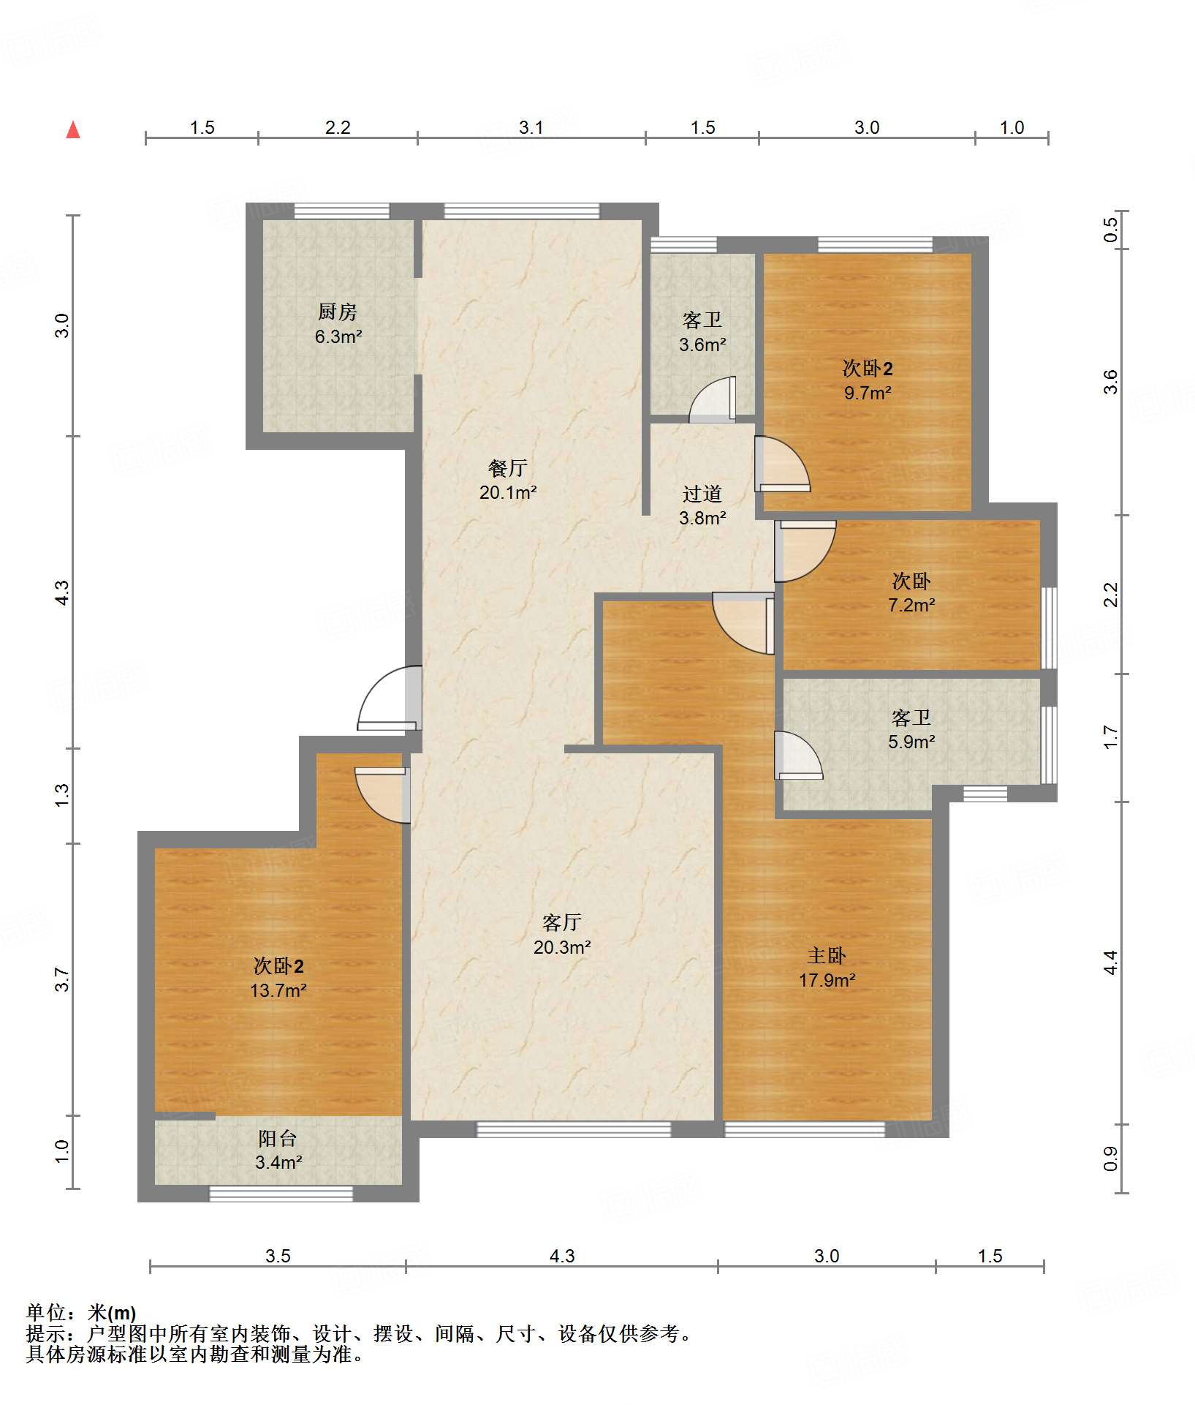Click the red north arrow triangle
pyautogui.click(x=73, y=129)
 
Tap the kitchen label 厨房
pyautogui.click(x=338, y=312)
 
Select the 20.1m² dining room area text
pyautogui.click(x=508, y=492)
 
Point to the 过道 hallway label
pyautogui.click(x=702, y=494)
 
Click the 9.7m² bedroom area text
pyautogui.click(x=868, y=393)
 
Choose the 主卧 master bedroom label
pyautogui.click(x=827, y=955)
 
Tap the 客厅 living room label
pyautogui.click(x=562, y=922)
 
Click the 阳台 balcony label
pyautogui.click(x=278, y=1138)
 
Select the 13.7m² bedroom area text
pyautogui.click(x=278, y=990)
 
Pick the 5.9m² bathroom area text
pyautogui.click(x=911, y=742)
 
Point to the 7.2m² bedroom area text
pyautogui.click(x=911, y=605)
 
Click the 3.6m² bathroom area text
pyautogui.click(x=702, y=344)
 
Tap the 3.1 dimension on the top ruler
pyautogui.click(x=531, y=127)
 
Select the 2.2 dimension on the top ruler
pyautogui.click(x=338, y=127)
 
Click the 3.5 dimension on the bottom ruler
pyautogui.click(x=278, y=1256)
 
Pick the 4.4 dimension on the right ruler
pyautogui.click(x=1110, y=963)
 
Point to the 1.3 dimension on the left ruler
pyautogui.click(x=62, y=795)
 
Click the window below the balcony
pyautogui.click(x=281, y=1194)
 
